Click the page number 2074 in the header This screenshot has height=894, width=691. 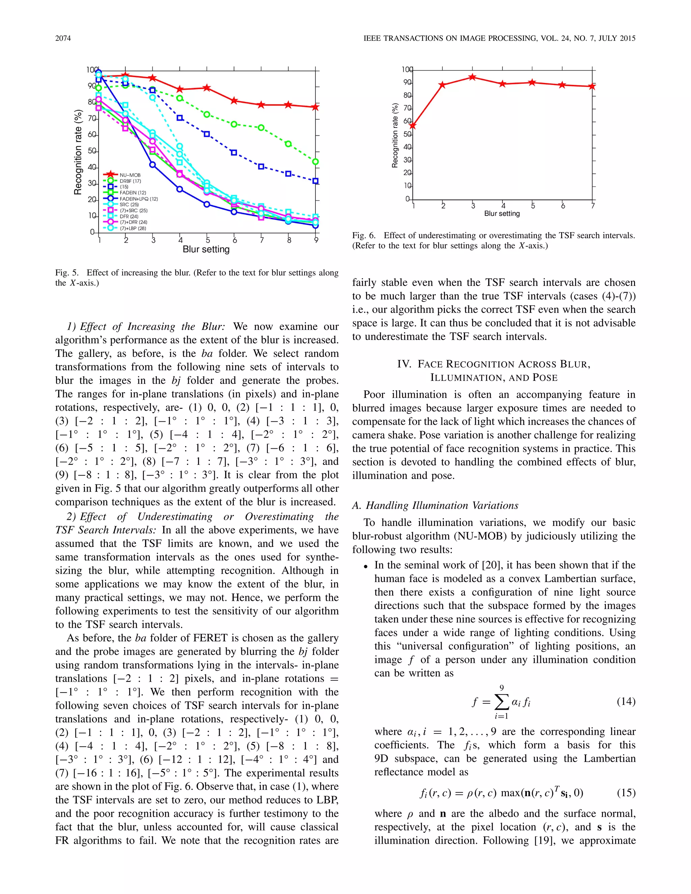click(63, 38)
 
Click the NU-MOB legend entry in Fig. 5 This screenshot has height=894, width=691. click(130, 175)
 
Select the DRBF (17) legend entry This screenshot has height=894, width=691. click(130, 181)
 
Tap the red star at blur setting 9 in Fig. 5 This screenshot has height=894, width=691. click(315, 107)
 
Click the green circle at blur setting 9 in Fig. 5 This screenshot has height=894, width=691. click(315, 162)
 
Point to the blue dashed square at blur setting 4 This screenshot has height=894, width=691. click(180, 118)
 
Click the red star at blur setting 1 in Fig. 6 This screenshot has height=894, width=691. click(413, 126)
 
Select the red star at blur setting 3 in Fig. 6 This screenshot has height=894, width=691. click(472, 77)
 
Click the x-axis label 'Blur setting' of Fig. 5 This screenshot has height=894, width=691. click(206, 249)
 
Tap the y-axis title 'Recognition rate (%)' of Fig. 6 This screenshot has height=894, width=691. click(395, 136)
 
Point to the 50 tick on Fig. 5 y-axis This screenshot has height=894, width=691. click(92, 151)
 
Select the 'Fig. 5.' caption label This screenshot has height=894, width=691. click(67, 273)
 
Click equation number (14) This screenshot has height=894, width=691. click(626, 701)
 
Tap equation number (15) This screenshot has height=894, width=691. click(626, 793)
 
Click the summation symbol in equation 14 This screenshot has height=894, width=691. click(501, 702)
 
